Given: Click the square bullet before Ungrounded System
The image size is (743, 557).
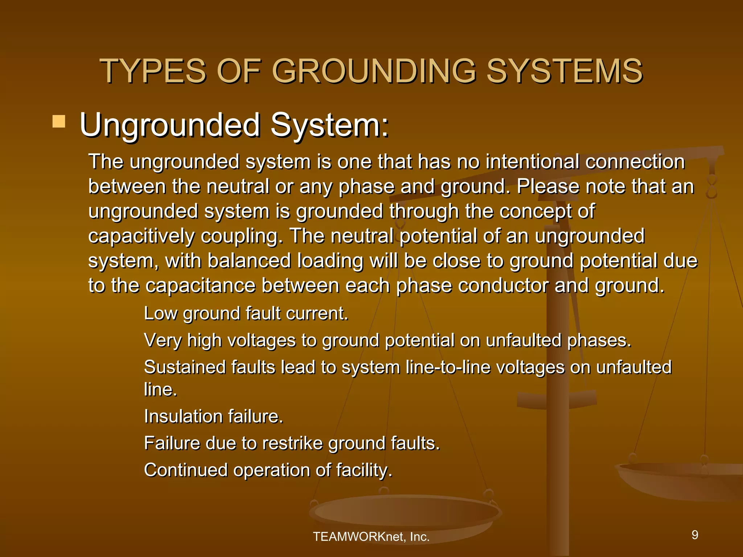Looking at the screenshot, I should point(59,121).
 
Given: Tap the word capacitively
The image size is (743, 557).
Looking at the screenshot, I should point(141,236).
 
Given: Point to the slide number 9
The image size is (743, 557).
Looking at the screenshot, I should point(695,535).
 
